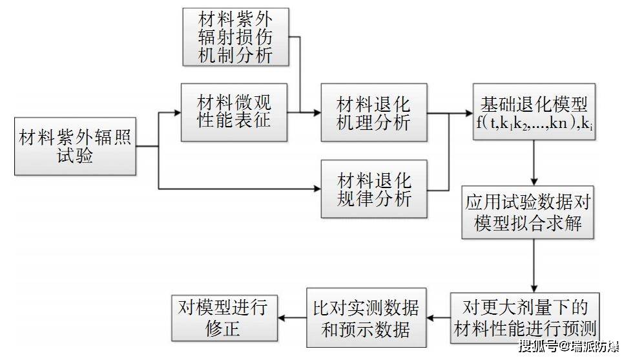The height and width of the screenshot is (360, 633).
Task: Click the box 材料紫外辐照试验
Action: coord(76,147)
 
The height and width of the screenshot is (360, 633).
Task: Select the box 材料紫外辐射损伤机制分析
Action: coord(235,37)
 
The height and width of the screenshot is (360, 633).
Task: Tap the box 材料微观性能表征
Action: coord(235,112)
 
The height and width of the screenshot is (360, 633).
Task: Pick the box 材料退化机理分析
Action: coord(374,112)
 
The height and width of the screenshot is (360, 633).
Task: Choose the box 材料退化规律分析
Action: coord(374,188)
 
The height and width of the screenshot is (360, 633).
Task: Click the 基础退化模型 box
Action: coord(534,112)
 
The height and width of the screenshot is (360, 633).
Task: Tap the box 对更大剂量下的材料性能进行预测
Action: coord(534,317)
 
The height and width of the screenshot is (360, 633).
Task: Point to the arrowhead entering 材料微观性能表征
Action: coord(178,112)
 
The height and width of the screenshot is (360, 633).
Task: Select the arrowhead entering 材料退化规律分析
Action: coord(316,188)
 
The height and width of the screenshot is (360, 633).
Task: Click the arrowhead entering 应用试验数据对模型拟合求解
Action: coord(534,182)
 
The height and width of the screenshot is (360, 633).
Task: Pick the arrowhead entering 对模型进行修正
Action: coord(281,317)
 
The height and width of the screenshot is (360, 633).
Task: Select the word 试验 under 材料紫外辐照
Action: coord(76,157)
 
